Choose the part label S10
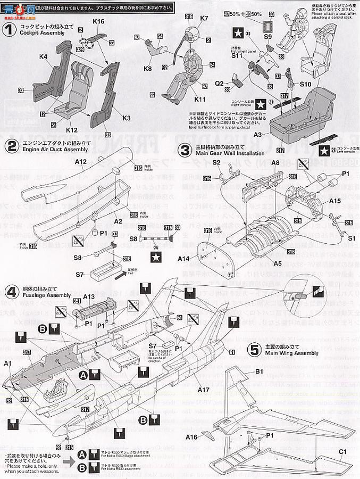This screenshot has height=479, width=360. (x=305, y=84)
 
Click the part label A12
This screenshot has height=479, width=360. (x=81, y=161)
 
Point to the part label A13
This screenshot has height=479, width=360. (x=89, y=297)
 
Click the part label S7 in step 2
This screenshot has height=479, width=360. (x=80, y=274)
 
